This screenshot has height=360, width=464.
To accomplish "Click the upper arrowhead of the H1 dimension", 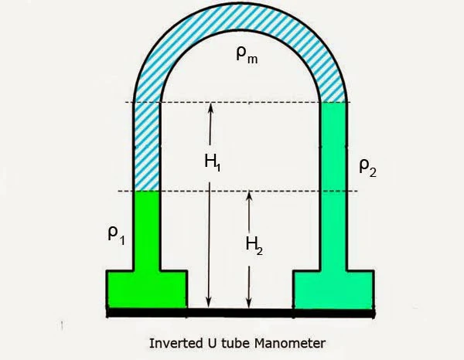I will click(x=210, y=108).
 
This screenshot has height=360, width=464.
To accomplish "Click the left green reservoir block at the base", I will click(x=146, y=289).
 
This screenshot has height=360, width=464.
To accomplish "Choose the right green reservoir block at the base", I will click(x=333, y=289).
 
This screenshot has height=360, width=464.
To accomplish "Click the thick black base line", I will click(x=240, y=312).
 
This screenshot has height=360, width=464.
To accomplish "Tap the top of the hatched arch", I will click(x=241, y=20).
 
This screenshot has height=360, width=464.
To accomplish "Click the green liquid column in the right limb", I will click(x=333, y=185).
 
